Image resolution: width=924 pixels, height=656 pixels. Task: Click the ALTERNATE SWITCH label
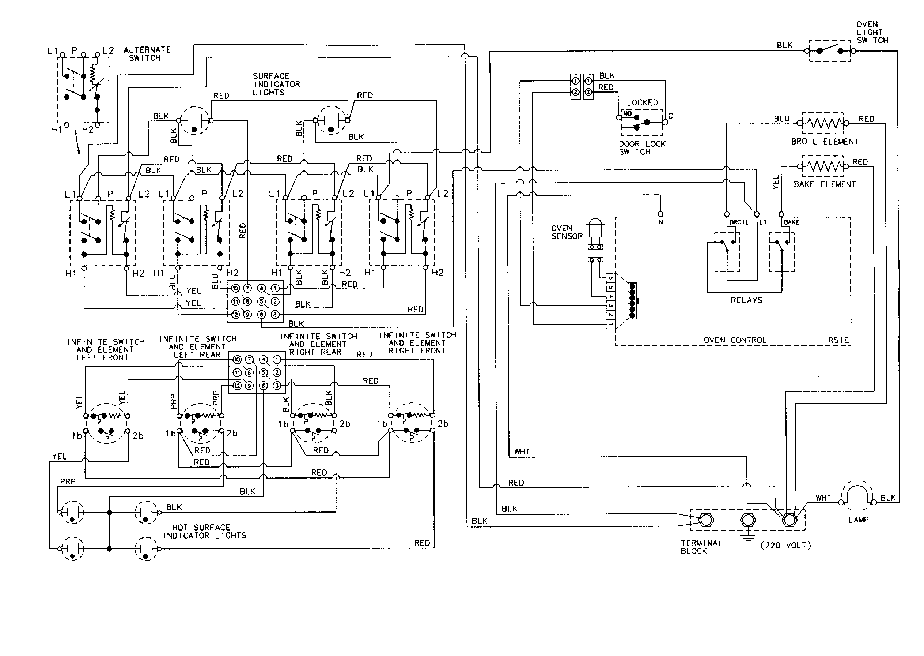pyautogui.click(x=147, y=54)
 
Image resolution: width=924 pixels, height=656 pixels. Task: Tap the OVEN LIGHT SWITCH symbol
pyautogui.click(x=830, y=51)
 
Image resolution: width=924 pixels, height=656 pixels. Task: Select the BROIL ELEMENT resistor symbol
pyautogui.click(x=823, y=123)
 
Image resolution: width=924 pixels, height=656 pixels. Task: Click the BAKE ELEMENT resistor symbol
pyautogui.click(x=822, y=166)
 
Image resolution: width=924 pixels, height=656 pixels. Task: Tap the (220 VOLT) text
pyautogui.click(x=785, y=545)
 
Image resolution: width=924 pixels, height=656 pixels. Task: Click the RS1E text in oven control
pyautogui.click(x=838, y=340)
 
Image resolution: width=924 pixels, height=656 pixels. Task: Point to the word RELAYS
pyautogui.click(x=746, y=300)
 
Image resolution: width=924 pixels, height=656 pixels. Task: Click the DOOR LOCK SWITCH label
pyautogui.click(x=642, y=148)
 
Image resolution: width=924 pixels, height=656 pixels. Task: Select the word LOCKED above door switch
pyautogui.click(x=642, y=102)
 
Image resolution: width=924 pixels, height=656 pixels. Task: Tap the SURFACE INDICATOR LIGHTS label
pyautogui.click(x=276, y=84)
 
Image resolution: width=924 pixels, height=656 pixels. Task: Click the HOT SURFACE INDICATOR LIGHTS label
pyautogui.click(x=205, y=531)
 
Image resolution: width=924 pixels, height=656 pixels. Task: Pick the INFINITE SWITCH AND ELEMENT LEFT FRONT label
pyautogui.click(x=106, y=349)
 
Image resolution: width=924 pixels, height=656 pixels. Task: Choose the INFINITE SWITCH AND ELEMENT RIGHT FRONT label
pyautogui.click(x=418, y=343)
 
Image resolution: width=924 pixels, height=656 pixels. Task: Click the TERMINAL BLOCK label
pyautogui.click(x=701, y=547)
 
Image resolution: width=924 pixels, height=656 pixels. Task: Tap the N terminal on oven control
pyautogui.click(x=660, y=214)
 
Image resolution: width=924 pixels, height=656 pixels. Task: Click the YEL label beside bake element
pyautogui.click(x=776, y=182)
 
